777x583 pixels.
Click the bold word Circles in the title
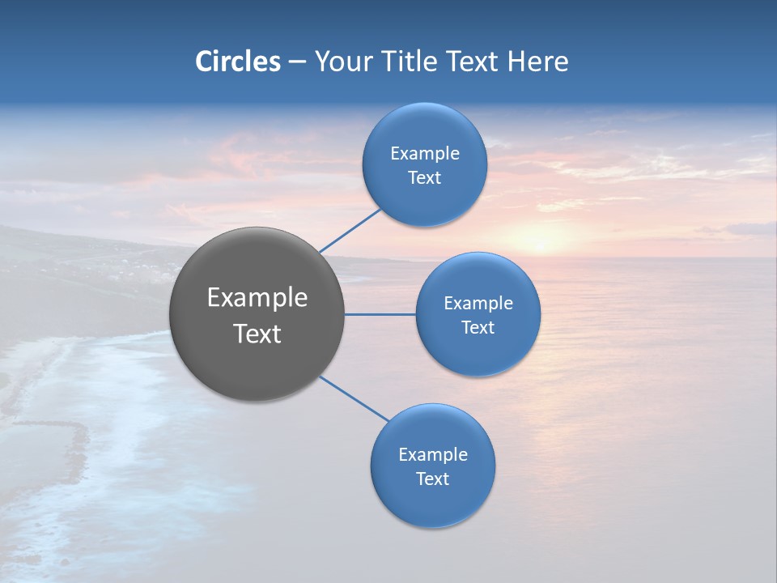tap(238, 62)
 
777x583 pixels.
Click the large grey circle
tap(257, 364)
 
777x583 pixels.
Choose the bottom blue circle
tap(432, 502)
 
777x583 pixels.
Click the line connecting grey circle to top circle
tap(350, 230)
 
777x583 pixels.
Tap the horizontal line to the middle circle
tap(380, 314)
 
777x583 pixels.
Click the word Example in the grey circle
tap(257, 298)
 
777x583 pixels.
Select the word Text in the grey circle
tap(257, 334)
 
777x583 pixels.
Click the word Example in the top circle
tap(425, 153)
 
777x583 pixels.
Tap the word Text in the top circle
tap(424, 177)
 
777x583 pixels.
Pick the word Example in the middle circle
tap(478, 303)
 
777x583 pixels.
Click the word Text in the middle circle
tap(478, 327)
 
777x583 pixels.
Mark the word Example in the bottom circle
tap(433, 454)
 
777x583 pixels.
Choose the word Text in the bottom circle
tap(432, 479)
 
